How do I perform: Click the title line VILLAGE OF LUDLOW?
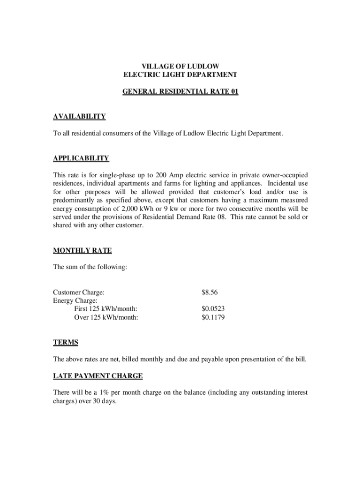[180, 66]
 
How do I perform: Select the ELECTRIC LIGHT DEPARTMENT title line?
[180, 75]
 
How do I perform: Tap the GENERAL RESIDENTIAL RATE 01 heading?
[180, 92]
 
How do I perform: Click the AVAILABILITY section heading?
[79, 117]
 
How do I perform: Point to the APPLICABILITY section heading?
[81, 158]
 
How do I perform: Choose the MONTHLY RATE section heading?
[83, 250]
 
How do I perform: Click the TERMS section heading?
[66, 342]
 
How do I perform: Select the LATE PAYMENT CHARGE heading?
[98, 376]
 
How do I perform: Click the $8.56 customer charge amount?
[210, 292]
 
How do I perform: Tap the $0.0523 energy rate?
[213, 309]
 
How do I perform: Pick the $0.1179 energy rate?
[213, 317]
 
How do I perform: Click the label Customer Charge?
[79, 292]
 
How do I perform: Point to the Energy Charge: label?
[75, 300]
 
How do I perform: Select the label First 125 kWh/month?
[105, 309]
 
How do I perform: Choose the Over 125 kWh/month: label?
[106, 317]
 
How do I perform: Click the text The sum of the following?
[90, 267]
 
